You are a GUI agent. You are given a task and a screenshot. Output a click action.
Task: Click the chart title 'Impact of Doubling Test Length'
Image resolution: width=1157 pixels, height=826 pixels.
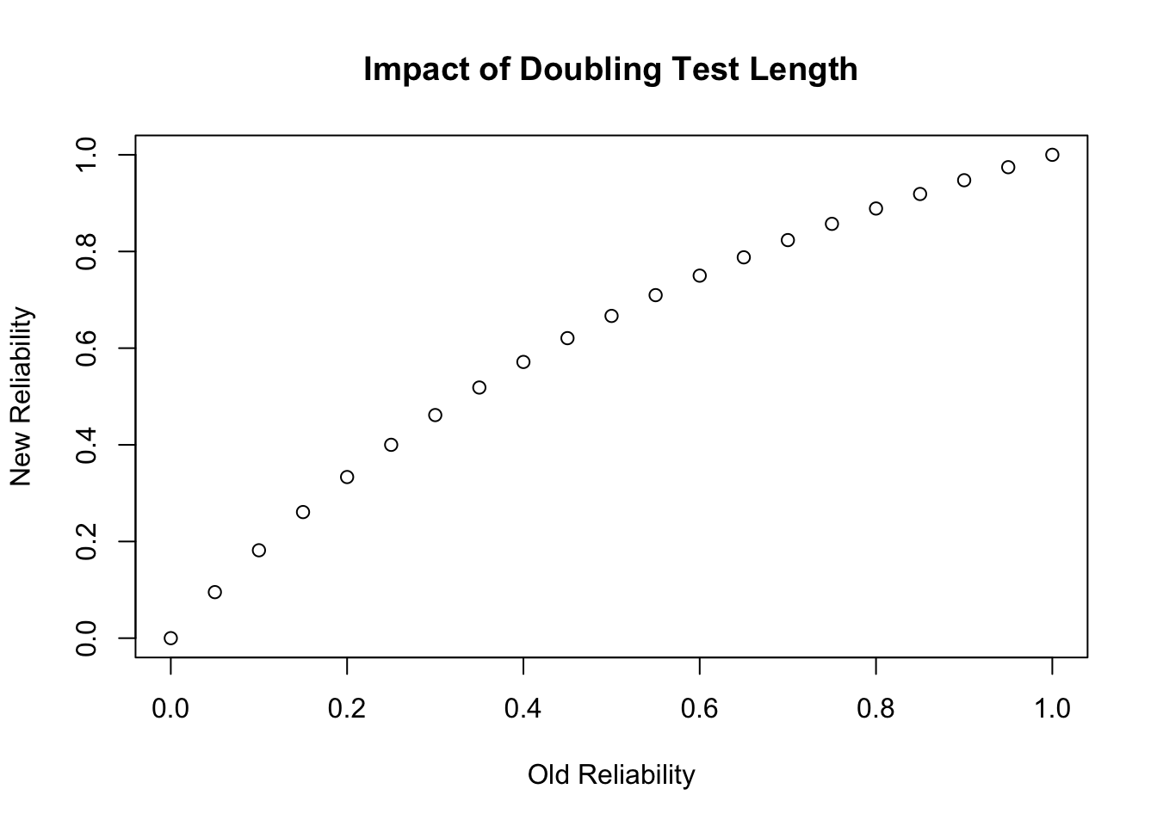pos(610,69)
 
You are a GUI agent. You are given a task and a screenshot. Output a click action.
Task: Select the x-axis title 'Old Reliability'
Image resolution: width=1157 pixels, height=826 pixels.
pos(610,774)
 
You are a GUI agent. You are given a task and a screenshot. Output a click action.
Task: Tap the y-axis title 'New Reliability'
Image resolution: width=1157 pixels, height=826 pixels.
pos(22,396)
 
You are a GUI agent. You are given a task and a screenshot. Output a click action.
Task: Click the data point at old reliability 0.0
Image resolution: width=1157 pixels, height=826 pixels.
pos(170,638)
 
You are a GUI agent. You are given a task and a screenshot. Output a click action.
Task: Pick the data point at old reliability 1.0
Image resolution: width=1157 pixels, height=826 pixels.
pos(1052,155)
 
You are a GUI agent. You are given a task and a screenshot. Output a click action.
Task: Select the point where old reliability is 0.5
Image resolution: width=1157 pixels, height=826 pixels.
pos(611,316)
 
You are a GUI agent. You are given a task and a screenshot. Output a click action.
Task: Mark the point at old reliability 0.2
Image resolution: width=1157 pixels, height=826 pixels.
pos(347,477)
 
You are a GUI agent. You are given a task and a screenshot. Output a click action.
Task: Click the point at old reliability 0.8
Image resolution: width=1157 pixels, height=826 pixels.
pos(875,208)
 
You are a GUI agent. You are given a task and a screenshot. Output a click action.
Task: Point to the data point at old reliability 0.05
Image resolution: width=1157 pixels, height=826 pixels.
pos(214,592)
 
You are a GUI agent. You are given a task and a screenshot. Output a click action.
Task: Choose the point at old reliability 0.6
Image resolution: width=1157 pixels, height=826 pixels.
pos(699,275)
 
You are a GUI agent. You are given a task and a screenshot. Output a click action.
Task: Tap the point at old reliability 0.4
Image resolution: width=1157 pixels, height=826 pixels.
pos(523,361)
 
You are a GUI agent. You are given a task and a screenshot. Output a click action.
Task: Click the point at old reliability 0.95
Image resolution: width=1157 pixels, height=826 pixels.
pos(1008,167)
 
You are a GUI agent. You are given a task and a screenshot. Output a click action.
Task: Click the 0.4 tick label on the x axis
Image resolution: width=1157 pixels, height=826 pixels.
pos(523,708)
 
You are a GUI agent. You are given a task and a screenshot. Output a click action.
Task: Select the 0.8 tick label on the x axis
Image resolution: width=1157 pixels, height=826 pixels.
pos(875,708)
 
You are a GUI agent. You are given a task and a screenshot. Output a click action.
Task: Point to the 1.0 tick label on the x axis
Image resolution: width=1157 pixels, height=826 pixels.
pos(1052,708)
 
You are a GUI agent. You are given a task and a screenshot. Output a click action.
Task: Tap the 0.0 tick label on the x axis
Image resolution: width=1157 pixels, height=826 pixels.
pos(170,708)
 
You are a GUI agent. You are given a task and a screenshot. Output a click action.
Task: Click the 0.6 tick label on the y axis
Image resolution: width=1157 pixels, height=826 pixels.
pos(86,348)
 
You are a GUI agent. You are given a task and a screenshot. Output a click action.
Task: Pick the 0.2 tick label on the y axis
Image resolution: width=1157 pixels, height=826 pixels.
pos(86,541)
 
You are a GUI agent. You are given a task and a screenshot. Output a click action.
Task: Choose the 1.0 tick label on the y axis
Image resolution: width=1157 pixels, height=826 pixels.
pos(86,155)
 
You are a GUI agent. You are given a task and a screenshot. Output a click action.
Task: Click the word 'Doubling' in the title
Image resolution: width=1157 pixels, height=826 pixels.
pos(589,69)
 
